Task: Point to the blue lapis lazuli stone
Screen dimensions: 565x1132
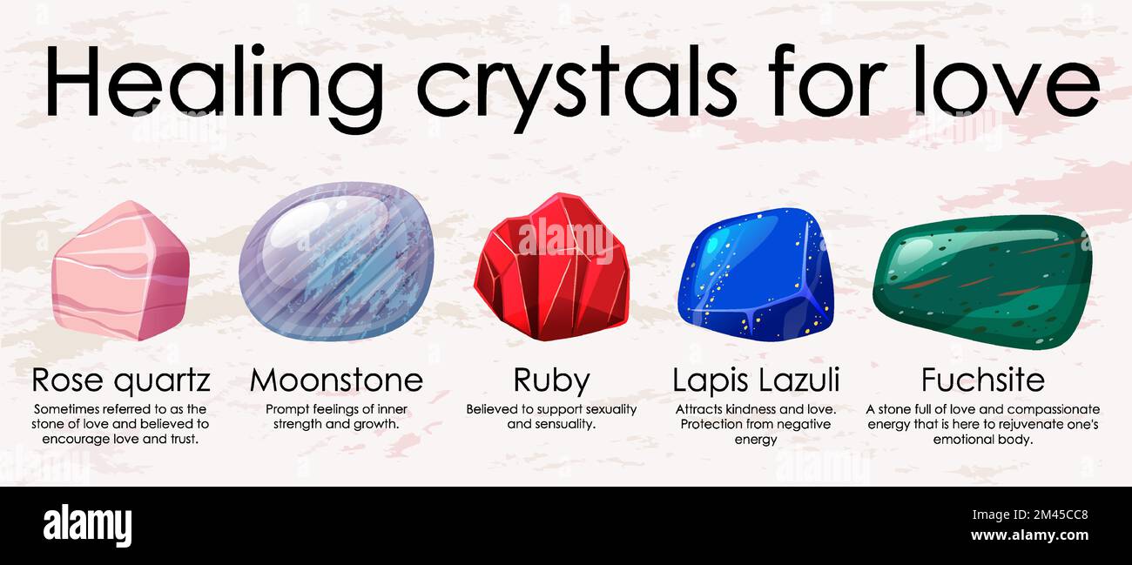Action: [755, 270]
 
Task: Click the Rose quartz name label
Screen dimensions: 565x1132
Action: [121, 380]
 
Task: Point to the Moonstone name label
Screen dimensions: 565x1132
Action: [336, 380]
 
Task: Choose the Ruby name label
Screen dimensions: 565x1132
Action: [551, 380]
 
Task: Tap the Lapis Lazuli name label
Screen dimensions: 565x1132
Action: [756, 380]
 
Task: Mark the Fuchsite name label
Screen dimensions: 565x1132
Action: [982, 380]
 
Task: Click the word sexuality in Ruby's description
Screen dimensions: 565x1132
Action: [602, 409]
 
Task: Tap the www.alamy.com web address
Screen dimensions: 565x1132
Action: [1029, 535]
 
